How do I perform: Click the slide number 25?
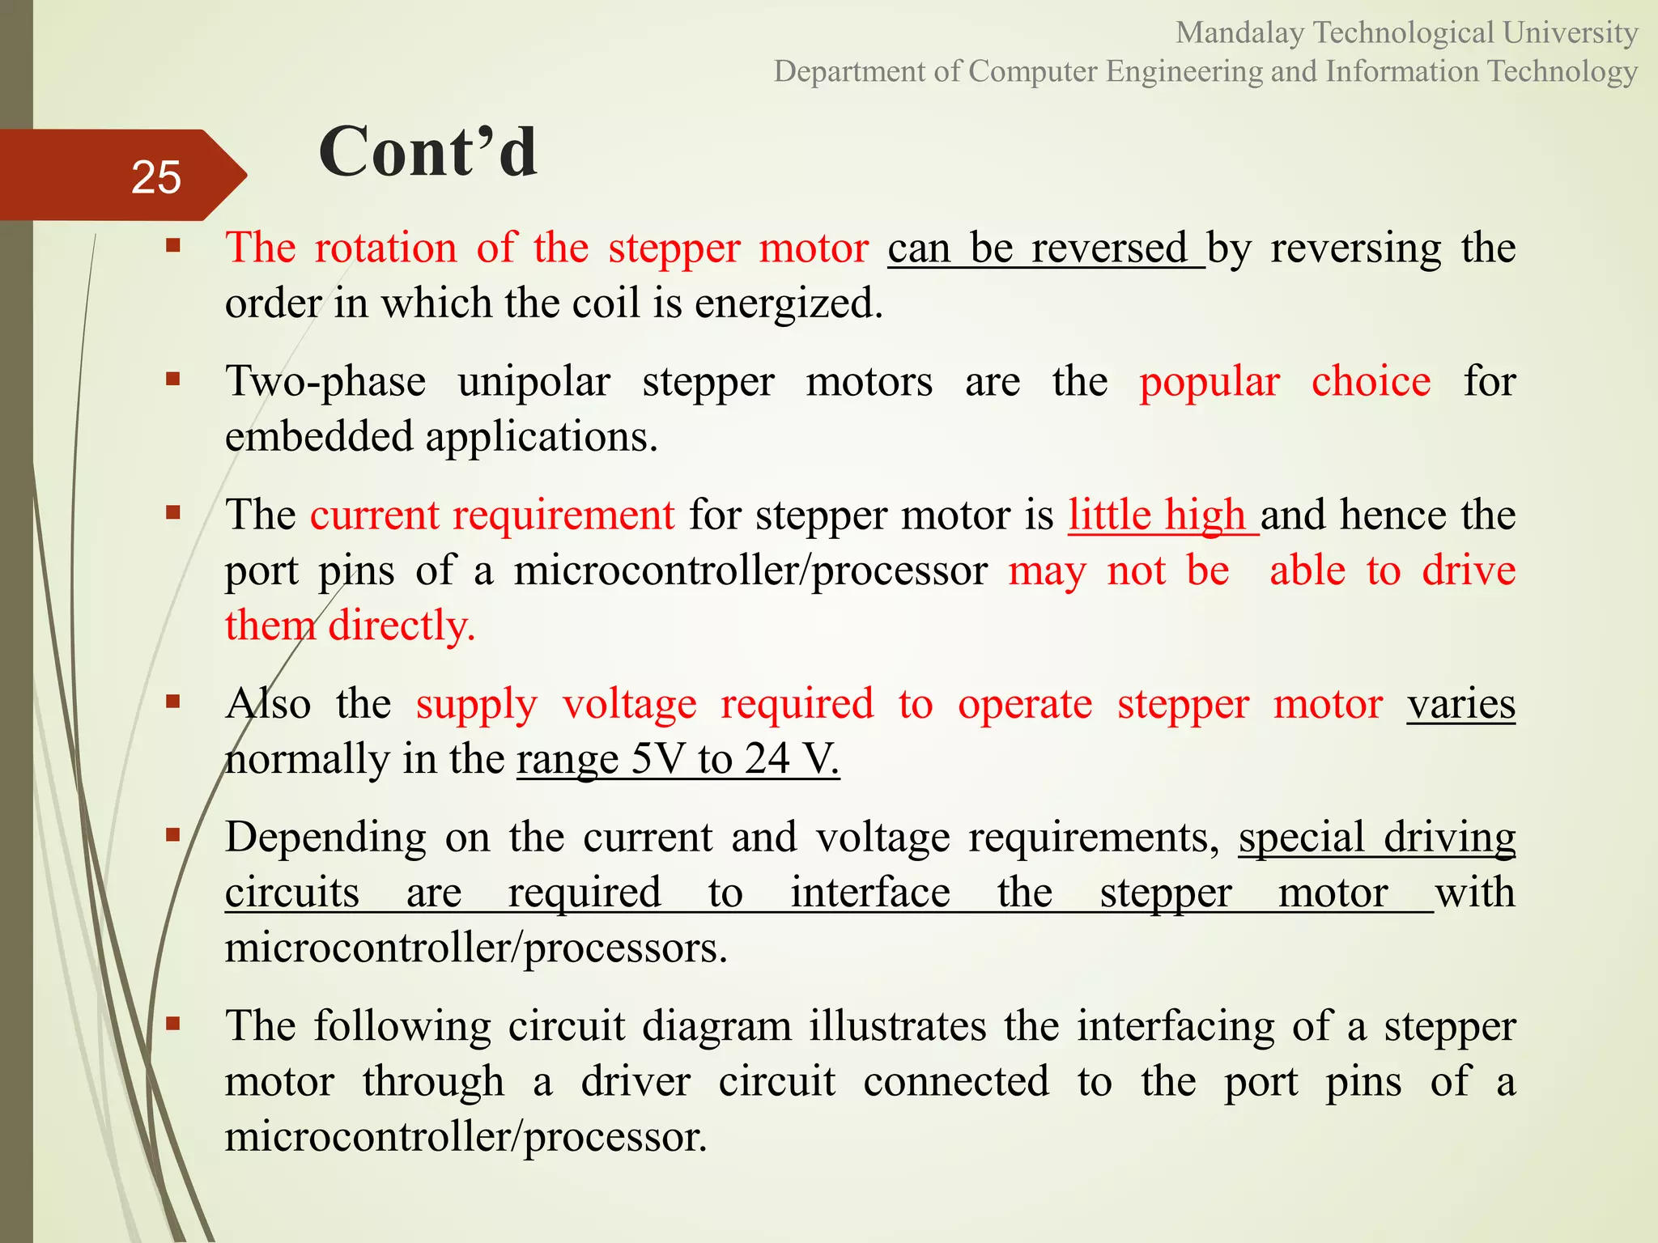155,177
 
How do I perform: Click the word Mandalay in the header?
1239,33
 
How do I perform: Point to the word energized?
788,303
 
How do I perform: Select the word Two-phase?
325,381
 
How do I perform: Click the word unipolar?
534,381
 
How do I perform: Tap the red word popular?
1209,381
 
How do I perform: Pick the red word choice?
1371,381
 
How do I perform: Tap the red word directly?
402,626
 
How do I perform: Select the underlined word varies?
1460,704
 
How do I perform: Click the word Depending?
325,838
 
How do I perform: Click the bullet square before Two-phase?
172,378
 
